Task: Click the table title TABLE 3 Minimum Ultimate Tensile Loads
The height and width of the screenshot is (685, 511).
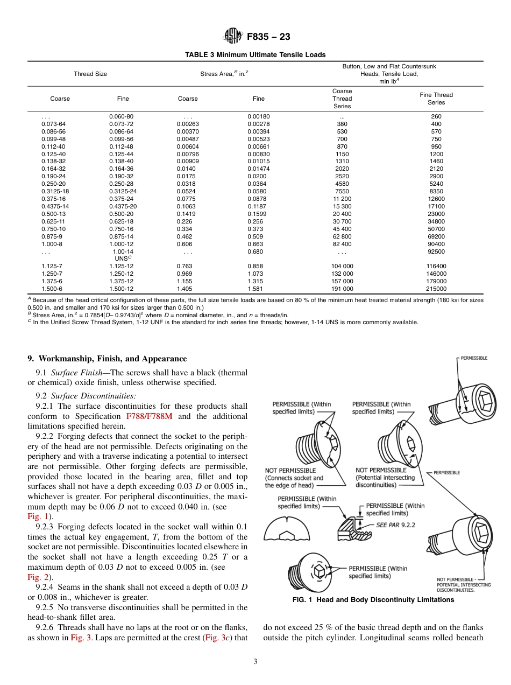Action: click(x=255, y=55)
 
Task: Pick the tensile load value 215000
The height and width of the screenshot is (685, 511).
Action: click(x=436, y=289)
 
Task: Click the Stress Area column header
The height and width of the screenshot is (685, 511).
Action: click(x=224, y=74)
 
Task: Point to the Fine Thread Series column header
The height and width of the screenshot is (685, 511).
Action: click(x=436, y=99)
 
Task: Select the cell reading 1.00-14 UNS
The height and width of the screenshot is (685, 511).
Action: click(x=123, y=255)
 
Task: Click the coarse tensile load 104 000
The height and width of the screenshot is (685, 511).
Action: click(x=342, y=266)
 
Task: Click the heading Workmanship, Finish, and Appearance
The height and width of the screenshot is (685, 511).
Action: click(x=107, y=359)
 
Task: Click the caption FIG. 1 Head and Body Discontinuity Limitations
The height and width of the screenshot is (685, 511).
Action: click(x=359, y=600)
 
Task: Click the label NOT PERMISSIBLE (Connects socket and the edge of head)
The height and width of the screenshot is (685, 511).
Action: click(x=294, y=478)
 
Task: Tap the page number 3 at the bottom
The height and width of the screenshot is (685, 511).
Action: click(x=255, y=662)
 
